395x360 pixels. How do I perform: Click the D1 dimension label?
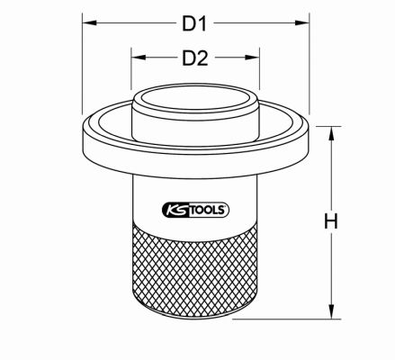coord(194,23)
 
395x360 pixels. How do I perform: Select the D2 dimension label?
coord(195,58)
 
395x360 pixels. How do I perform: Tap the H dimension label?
coord(331,221)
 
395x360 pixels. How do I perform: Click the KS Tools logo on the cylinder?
coord(195,210)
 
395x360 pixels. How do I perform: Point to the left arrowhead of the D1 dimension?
coord(89,22)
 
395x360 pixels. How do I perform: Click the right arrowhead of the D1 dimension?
coord(302,22)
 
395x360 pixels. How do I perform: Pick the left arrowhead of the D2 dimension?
coord(139,57)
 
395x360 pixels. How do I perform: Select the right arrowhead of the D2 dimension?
coord(252,57)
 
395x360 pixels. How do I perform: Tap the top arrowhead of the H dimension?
coord(331,133)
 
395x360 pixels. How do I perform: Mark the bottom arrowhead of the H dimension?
coord(331,311)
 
